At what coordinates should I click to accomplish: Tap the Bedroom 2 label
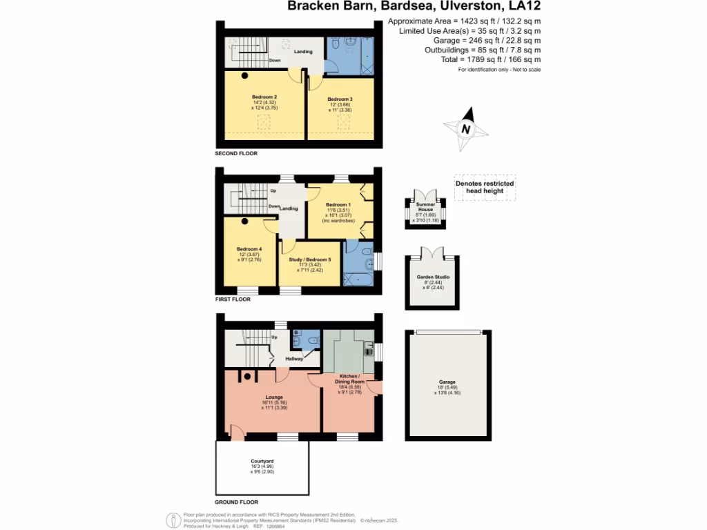click(264, 97)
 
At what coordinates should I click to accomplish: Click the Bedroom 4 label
click(249, 249)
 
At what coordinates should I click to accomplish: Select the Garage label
click(447, 382)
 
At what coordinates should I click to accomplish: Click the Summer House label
click(425, 206)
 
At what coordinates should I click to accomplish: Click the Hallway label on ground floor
click(296, 359)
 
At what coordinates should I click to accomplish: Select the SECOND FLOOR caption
click(236, 154)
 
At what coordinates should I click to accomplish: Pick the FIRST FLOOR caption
click(233, 300)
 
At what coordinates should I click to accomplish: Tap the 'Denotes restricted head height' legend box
click(485, 187)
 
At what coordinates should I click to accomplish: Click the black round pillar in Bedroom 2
click(244, 76)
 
